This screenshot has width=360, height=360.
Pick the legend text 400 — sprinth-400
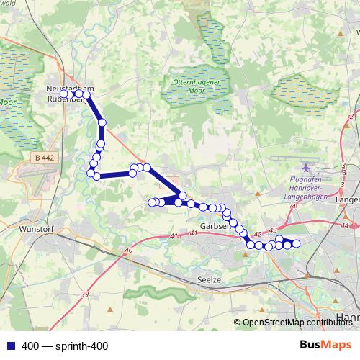[x=65, y=346]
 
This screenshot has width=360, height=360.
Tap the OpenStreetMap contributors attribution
[x=297, y=323]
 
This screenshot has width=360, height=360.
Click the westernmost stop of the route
[x=63, y=94]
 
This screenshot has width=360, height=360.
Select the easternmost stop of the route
[x=294, y=244]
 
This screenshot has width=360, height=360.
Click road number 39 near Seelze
[x=84, y=294]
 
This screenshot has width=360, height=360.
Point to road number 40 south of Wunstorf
[x=128, y=250]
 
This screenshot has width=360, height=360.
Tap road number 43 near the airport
[x=273, y=229]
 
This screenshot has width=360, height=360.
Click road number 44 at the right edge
[x=346, y=225]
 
